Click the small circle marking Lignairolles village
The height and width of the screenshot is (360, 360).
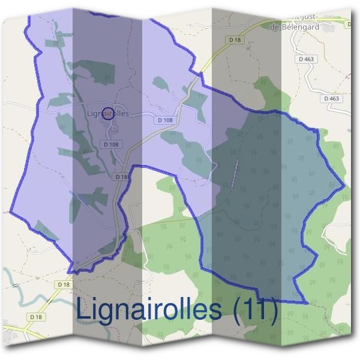coord(107,113)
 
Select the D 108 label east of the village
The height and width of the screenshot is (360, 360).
coord(165,120)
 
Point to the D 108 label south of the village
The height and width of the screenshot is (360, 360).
coord(111,144)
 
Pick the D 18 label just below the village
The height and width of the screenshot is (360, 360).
coord(121,177)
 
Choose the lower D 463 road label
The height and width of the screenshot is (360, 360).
coord(331,98)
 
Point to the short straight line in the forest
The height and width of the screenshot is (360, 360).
coord(235,175)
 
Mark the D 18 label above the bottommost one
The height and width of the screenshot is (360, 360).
coord(62,284)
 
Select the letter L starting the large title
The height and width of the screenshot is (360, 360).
coord(83,310)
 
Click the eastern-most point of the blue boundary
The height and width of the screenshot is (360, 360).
coord(346,187)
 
